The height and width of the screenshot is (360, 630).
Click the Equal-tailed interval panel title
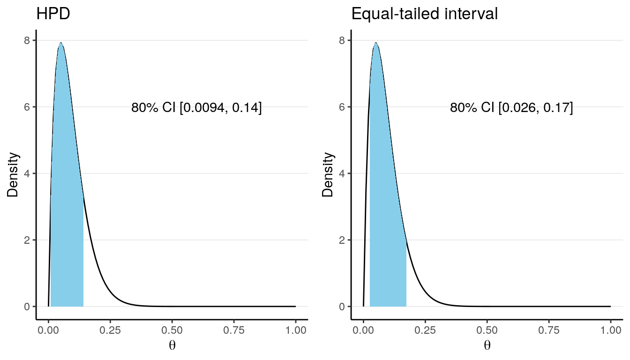(425, 15)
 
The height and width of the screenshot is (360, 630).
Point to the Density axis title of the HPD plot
(13, 173)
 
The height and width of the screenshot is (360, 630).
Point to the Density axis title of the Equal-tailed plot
(328, 173)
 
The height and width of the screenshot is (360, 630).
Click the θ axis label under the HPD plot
(172, 346)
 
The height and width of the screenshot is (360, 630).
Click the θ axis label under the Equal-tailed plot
(487, 346)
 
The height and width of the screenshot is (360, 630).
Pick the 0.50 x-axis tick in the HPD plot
(172, 330)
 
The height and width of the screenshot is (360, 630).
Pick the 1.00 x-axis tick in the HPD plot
(295, 330)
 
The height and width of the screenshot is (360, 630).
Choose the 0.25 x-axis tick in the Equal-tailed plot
(425, 330)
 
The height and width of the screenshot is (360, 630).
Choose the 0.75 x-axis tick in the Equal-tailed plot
(549, 330)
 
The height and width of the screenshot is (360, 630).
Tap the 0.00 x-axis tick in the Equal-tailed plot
(363, 330)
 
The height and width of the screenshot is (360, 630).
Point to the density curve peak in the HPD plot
(60, 43)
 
